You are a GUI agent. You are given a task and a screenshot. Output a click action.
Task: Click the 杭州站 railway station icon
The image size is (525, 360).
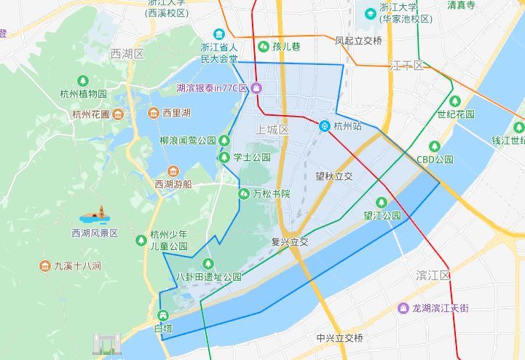pos(325,125)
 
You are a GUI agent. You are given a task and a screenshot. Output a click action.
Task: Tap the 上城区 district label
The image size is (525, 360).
pos(273,129)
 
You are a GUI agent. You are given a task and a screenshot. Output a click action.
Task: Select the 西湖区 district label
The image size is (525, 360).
pos(127,54)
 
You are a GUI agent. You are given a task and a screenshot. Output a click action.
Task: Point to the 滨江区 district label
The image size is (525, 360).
pos(434,275)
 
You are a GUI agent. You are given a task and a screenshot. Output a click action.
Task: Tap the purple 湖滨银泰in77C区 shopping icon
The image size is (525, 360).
pos(257,88)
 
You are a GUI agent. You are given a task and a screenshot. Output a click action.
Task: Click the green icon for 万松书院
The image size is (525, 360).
pos(244,194)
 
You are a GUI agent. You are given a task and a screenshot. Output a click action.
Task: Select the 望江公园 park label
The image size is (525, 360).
pos(382,216)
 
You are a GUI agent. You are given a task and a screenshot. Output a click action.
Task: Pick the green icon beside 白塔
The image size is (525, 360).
pos(162,316)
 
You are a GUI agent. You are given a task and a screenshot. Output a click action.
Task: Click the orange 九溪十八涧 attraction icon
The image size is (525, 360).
pos(45,266)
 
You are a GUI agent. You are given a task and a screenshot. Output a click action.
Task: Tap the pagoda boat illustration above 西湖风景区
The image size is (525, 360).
pos(97,215)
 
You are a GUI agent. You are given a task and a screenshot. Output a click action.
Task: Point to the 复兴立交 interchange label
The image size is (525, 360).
pos(290,242)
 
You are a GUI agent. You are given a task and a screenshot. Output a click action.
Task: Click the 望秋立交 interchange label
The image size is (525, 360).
pos(334,176)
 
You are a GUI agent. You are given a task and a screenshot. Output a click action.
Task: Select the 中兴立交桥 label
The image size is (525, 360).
pos(340,338)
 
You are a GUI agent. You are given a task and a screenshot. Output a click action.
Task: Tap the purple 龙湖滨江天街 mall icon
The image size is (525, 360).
pos(403,308)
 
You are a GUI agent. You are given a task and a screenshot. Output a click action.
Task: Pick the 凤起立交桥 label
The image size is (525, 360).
pos(358,41)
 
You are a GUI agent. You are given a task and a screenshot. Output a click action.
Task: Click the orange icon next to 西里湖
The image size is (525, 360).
pos(153,113)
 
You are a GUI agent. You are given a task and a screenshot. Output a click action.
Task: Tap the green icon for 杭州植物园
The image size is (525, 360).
pos(84,80)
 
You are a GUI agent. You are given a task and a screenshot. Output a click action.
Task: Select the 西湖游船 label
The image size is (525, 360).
pos(173,184)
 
